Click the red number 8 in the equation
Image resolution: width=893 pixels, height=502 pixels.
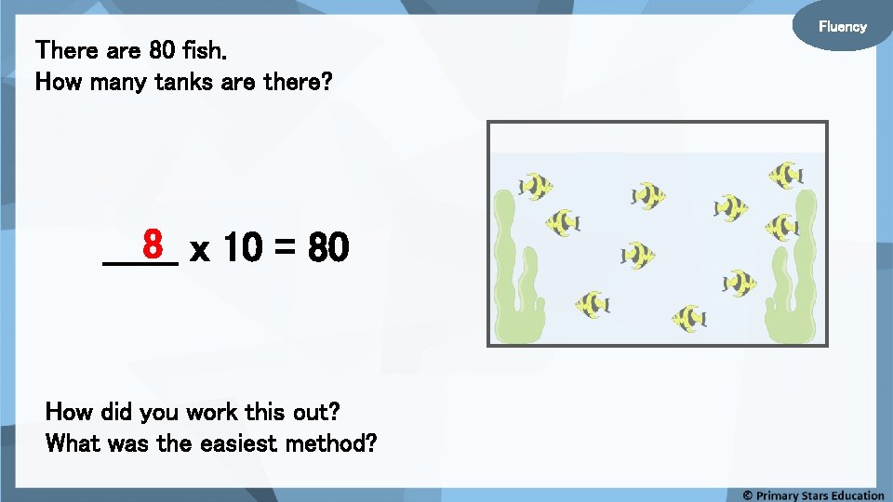[154, 244]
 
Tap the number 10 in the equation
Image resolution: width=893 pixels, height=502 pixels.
[242, 249]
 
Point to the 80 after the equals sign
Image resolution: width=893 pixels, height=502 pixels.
[328, 249]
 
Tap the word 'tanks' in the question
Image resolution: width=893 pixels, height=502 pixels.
[182, 82]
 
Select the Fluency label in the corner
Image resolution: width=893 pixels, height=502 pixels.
[842, 26]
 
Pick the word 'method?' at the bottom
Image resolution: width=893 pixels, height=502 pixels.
[331, 443]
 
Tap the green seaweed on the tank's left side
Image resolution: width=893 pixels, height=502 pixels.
[514, 270]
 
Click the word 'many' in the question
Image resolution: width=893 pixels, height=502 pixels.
[115, 82]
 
